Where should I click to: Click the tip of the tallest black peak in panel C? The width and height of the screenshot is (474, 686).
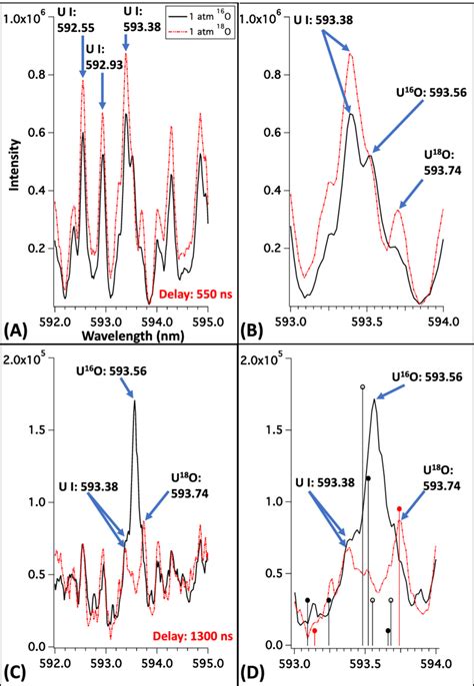(x=135, y=401)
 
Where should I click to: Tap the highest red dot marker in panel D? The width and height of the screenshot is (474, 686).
(x=400, y=509)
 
